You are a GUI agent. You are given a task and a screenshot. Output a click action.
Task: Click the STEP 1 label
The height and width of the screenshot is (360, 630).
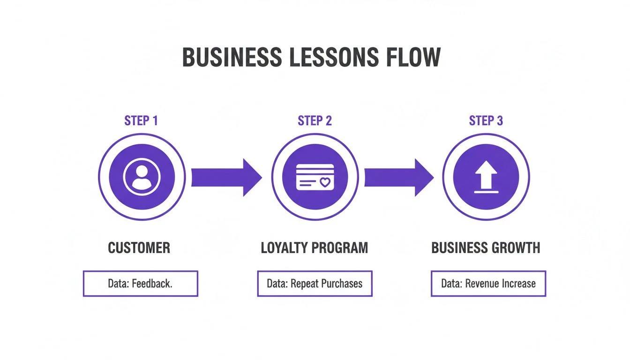tap(141, 120)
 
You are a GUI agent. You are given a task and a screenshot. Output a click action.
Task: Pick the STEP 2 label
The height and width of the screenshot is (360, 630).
tap(315, 120)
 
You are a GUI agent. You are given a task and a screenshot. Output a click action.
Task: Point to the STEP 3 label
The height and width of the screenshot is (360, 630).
tap(486, 120)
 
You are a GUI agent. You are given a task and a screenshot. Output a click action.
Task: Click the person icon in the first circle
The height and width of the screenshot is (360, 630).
tap(142, 177)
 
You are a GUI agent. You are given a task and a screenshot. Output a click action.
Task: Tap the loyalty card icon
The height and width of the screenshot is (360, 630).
tap(315, 177)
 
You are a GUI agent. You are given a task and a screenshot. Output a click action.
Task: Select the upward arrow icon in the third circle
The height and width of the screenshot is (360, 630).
tap(486, 177)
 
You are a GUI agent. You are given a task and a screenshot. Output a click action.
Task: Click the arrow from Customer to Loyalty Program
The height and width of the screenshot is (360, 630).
tap(226, 177)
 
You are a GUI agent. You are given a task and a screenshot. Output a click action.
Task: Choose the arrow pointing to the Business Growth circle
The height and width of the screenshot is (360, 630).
tap(399, 177)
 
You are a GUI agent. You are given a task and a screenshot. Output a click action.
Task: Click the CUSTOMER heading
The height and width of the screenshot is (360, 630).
tap(139, 247)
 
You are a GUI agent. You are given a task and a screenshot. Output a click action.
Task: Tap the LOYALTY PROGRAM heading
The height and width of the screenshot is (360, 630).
tap(315, 247)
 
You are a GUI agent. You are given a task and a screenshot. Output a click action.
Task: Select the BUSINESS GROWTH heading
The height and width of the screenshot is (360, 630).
tap(486, 247)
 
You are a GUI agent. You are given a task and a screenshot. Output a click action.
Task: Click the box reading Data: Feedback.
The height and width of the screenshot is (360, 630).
tap(141, 284)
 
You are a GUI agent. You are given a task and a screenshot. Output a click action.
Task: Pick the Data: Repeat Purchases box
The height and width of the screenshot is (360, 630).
tap(315, 284)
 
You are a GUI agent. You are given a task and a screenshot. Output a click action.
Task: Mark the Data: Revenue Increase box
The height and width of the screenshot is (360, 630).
tap(488, 284)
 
